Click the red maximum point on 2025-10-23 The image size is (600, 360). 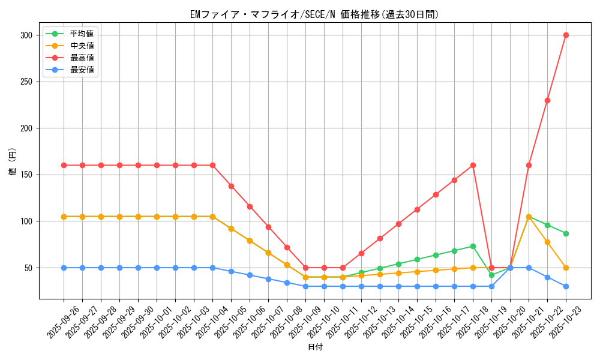tap(566, 35)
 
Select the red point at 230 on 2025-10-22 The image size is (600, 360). tap(547, 100)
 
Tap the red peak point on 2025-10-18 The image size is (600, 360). tap(473, 165)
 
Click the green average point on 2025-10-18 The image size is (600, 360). tap(473, 246)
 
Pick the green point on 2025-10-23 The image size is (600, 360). tap(566, 233)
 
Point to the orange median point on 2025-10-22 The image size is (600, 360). tap(547, 242)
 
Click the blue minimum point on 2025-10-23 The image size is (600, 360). tap(566, 286)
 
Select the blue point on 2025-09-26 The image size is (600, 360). tap(64, 268)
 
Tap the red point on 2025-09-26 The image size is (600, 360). tap(64, 165)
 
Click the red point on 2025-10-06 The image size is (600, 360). tap(250, 206)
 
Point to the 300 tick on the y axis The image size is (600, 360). tap(25, 35)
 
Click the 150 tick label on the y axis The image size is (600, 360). tap(25, 175)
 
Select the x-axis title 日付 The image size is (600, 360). tap(315, 347)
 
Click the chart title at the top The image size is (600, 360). tap(314, 14)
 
